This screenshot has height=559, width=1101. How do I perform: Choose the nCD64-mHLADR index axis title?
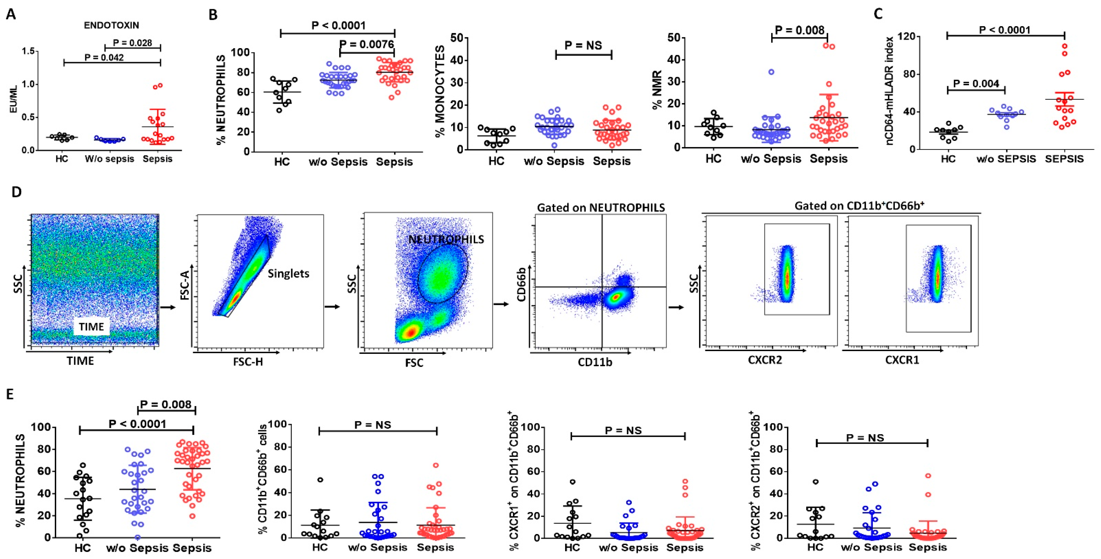point(889,91)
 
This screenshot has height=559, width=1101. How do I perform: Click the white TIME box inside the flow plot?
point(91,327)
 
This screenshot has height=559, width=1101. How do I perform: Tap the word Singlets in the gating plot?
point(288,274)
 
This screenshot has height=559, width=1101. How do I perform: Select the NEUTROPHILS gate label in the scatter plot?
point(446,239)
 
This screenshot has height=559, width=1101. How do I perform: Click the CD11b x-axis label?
point(595,362)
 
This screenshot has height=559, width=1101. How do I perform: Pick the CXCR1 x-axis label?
point(902,360)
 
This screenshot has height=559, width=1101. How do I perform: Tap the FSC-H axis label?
point(248,362)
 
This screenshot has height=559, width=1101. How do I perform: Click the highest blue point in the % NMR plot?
point(771,72)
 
